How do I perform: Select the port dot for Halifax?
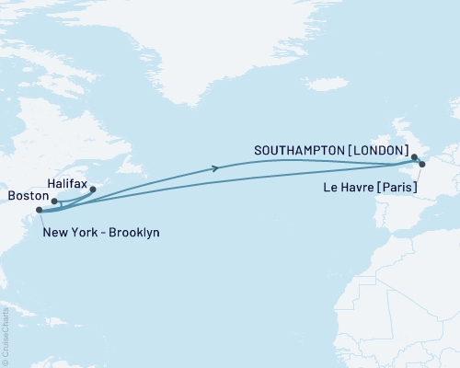point(92,190)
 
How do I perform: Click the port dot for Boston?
point(54,201)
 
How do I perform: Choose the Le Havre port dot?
point(422,165)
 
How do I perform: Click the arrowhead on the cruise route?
point(215,167)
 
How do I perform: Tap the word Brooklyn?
point(132,233)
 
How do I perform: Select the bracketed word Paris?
point(397,188)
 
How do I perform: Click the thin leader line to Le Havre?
point(419,175)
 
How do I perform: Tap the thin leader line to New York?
point(40,219)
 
